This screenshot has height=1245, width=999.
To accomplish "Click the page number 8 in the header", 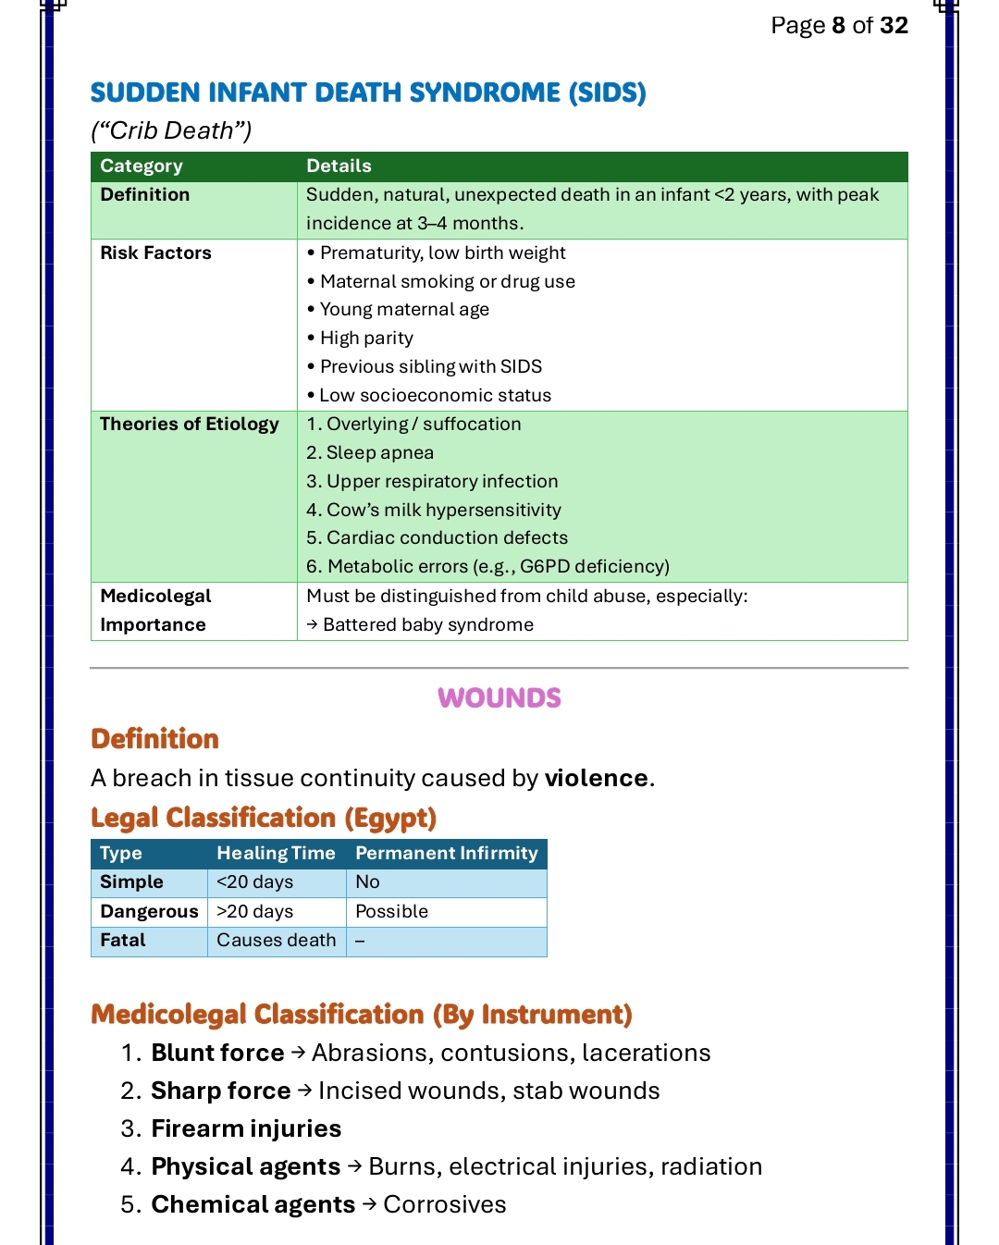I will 838,25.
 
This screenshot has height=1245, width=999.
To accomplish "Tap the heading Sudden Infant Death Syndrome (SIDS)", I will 367,92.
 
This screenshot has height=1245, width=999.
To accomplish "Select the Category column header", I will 142,166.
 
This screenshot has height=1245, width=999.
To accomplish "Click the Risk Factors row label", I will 155,253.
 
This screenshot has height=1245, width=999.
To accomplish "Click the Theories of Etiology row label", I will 189,425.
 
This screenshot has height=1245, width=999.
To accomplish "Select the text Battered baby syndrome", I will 427,625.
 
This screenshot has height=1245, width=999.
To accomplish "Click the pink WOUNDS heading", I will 499,698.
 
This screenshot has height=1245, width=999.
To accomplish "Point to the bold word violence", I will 596,779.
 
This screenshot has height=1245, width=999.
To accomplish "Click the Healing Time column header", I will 276,854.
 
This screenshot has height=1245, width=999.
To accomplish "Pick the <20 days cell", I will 254,882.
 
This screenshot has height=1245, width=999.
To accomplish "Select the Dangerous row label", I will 149,912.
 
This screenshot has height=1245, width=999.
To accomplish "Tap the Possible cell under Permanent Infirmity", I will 391,912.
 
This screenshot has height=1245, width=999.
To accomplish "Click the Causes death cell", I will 276,941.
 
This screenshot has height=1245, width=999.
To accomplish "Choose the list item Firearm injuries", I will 246,1129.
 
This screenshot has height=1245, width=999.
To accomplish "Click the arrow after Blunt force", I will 298,1054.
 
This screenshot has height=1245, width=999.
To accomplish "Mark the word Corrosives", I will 445,1205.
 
